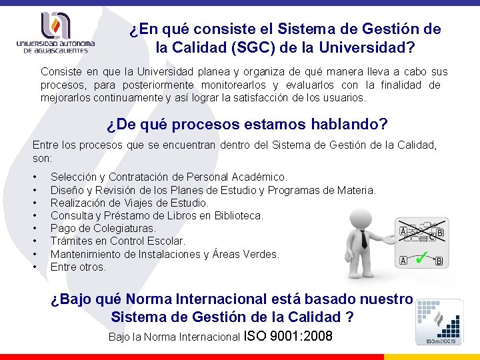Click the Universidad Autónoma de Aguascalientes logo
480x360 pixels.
(x=55, y=33)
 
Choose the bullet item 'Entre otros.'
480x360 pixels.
(x=78, y=267)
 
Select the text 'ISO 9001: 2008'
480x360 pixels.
(x=289, y=335)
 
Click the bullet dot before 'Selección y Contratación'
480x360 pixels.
(x=35, y=177)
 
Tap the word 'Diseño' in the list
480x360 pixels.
(x=67, y=190)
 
